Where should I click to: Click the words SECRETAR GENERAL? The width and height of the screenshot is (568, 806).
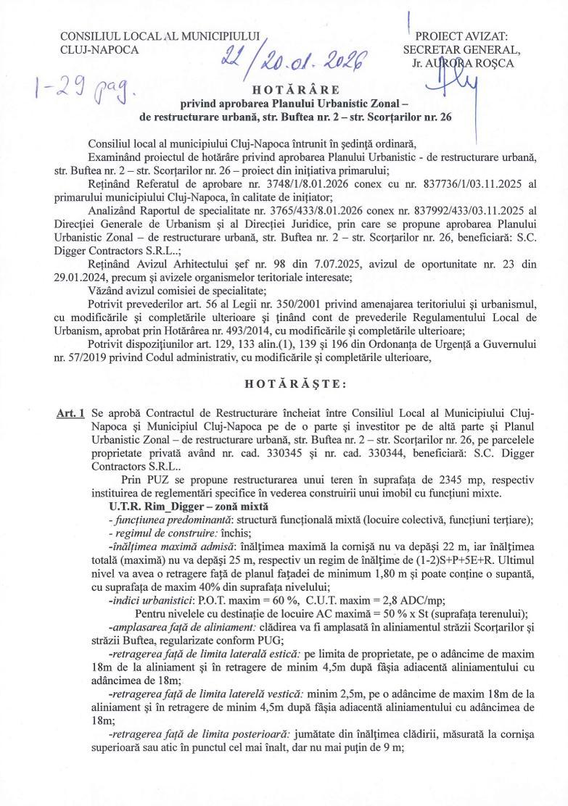click(461, 50)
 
